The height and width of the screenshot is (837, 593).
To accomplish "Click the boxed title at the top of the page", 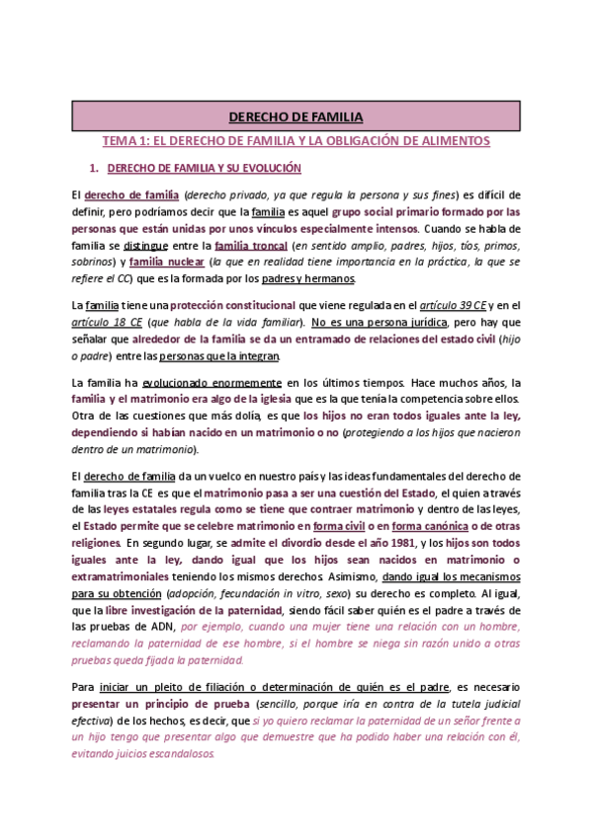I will (x=296, y=117).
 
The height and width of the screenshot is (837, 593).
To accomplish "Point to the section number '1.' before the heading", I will (x=95, y=168).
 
